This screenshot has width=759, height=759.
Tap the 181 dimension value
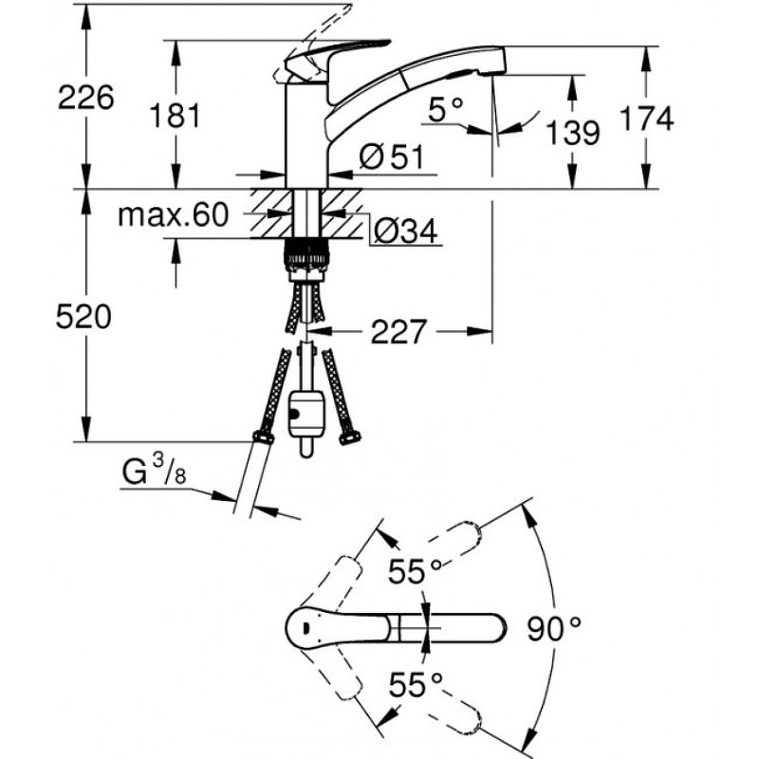(x=176, y=116)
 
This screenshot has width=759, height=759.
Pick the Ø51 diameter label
(x=391, y=158)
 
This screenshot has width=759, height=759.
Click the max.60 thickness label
(x=174, y=215)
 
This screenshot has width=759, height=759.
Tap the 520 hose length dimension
(x=84, y=317)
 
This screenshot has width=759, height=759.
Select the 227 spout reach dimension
(x=398, y=331)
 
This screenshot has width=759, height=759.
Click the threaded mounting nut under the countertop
(x=305, y=255)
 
